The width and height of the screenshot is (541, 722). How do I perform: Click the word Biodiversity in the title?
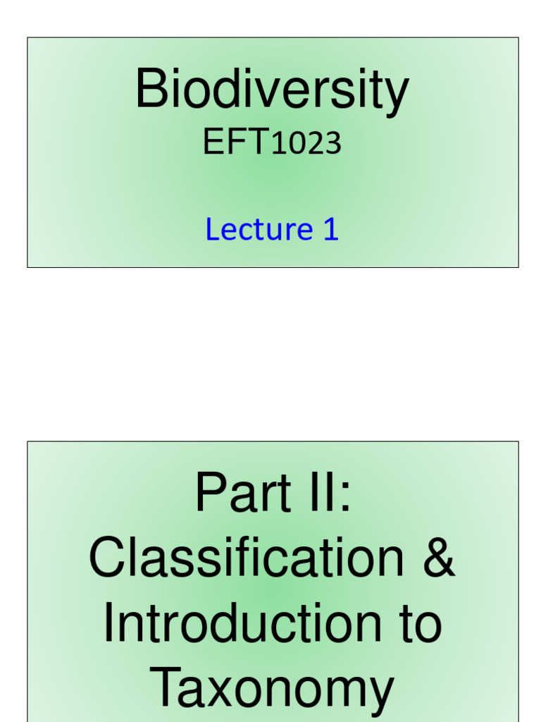[271, 90]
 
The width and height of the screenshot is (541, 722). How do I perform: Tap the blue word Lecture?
[259, 230]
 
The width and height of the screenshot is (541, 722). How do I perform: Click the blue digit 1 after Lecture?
[331, 230]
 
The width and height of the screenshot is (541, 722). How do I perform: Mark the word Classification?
[247, 558]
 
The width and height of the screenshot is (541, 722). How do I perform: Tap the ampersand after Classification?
[438, 558]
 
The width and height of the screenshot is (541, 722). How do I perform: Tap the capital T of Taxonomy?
[167, 688]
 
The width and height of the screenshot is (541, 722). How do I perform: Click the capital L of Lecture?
[212, 230]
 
